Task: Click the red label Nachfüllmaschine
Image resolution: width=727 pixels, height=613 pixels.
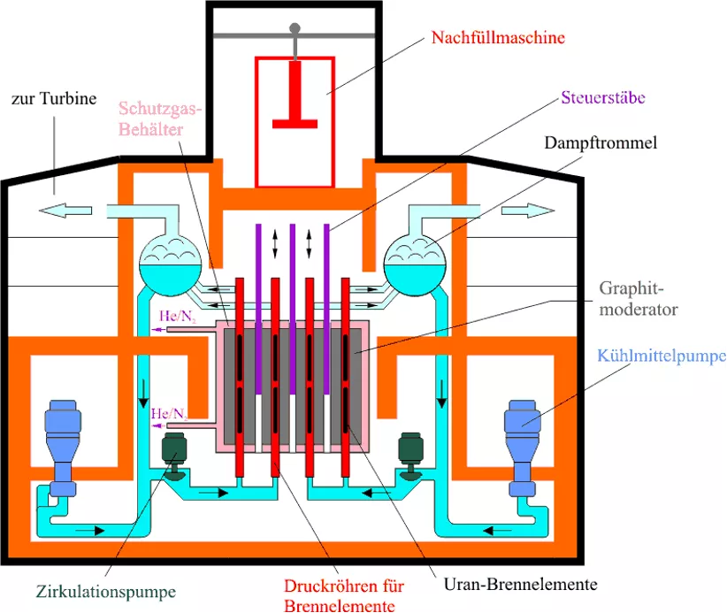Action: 498,37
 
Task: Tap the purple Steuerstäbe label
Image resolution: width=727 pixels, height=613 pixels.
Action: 603,97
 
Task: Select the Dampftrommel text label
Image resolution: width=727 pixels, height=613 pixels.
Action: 601,142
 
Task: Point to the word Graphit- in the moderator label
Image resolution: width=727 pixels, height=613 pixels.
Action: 631,288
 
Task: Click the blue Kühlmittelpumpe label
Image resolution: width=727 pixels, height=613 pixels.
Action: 662,356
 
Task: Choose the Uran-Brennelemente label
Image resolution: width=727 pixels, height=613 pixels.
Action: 520,584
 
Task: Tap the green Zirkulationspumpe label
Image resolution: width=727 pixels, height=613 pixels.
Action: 106,592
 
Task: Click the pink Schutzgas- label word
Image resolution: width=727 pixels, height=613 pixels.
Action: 160,109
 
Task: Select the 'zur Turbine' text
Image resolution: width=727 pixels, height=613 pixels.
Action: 54,98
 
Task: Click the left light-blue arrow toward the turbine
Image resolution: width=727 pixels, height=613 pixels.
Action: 65,210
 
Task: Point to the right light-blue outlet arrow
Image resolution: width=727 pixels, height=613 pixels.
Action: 528,210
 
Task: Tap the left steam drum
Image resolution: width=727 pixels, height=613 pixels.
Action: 170,265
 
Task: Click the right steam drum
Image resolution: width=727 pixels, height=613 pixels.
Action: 415,265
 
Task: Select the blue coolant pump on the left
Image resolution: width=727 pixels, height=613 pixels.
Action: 63,448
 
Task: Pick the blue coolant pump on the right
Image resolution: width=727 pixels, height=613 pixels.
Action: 523,448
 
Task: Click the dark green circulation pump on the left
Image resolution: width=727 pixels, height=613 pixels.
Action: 174,456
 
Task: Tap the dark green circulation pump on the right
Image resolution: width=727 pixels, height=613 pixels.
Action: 410,456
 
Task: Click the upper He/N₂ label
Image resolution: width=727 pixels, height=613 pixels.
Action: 177,317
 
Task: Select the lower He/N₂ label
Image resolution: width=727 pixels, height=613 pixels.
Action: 169,414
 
